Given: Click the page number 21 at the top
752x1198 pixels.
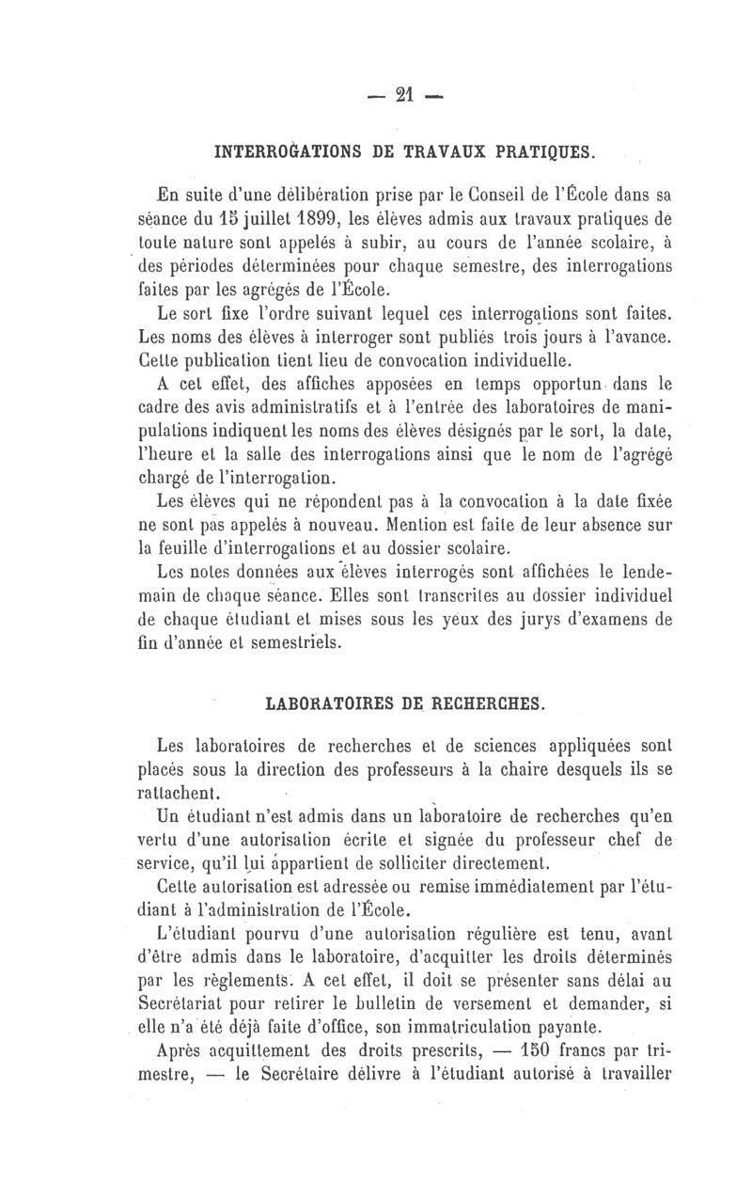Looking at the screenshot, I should coord(405,95).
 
